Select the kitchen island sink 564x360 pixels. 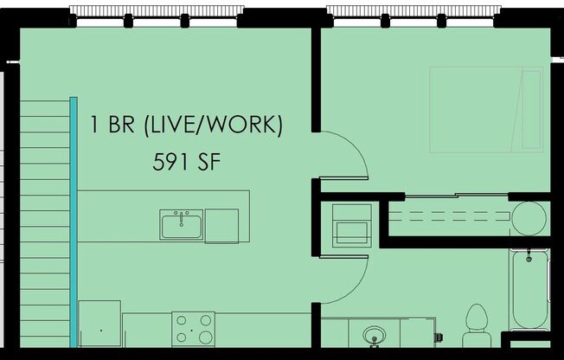click(x=181, y=225)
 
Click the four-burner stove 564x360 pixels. click(x=193, y=329)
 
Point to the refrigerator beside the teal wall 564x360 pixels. click(x=99, y=323)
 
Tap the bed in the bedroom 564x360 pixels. click(x=485, y=110)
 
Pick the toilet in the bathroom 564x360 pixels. click(x=477, y=320)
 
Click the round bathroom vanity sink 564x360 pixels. click(x=375, y=334)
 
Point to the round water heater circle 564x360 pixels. click(x=528, y=218)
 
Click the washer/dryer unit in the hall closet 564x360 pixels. click(x=352, y=227)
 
